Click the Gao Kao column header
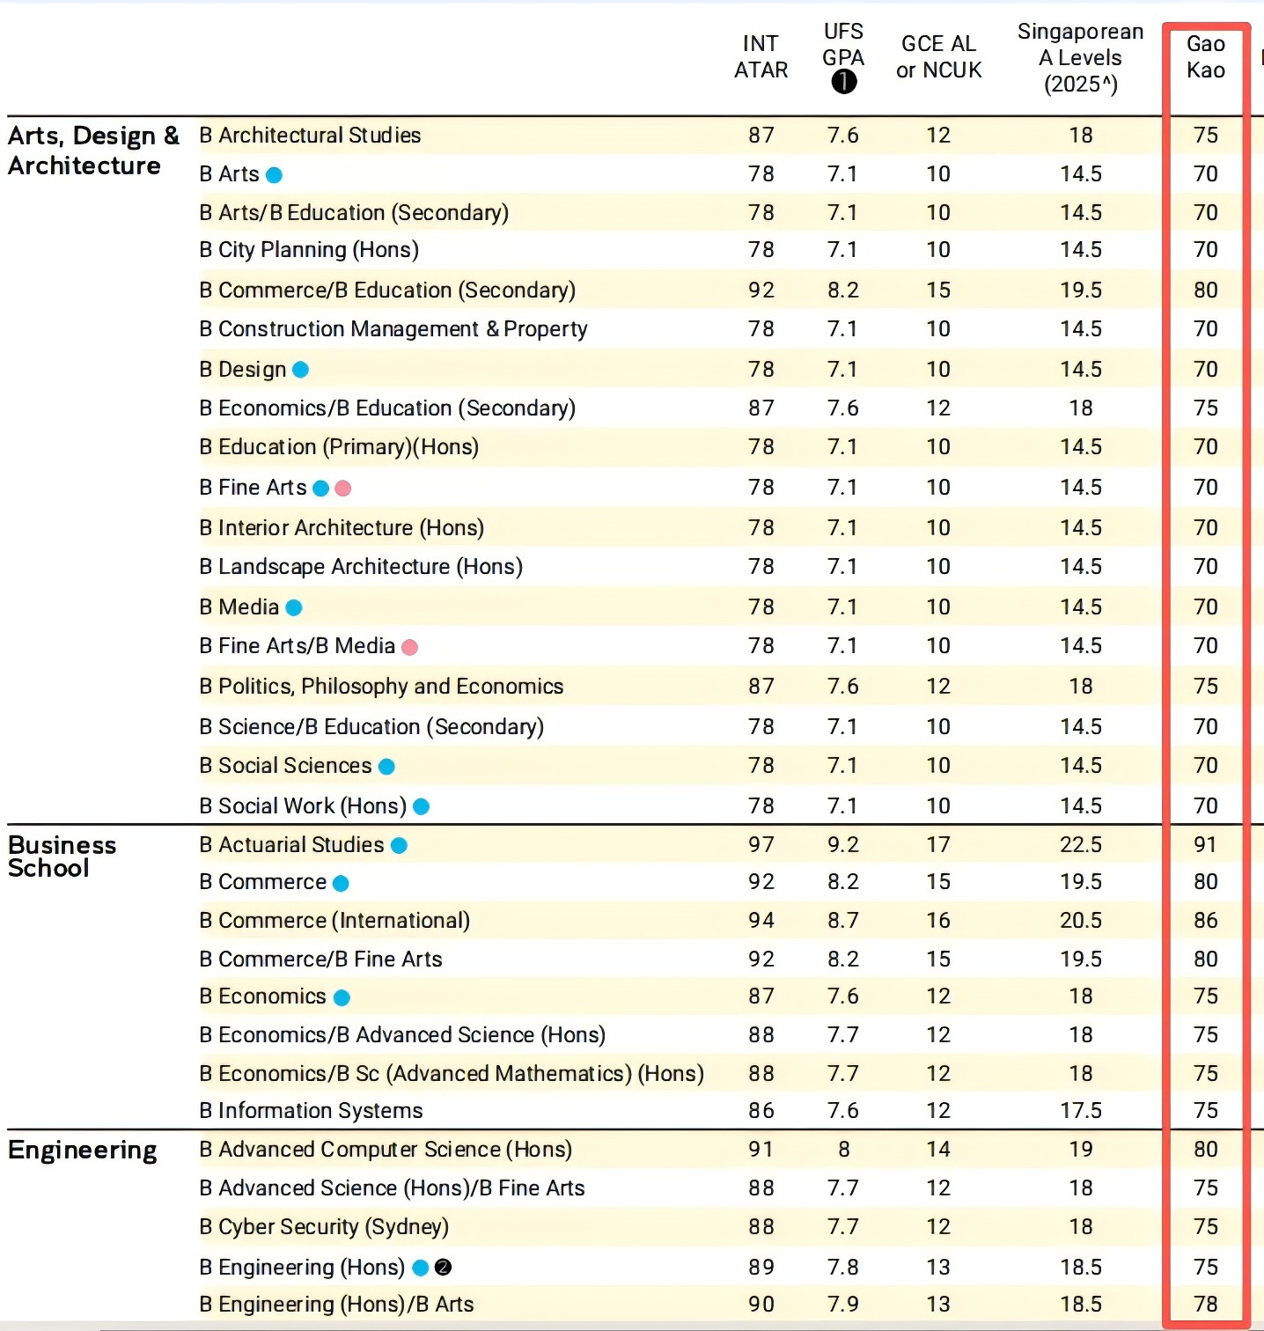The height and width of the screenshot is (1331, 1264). [x=1206, y=57]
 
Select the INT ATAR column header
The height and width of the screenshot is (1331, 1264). [x=761, y=57]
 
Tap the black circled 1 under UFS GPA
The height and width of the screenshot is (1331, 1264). [x=843, y=82]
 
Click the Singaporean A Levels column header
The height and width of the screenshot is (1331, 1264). [x=1081, y=58]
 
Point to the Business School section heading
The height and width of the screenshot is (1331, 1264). [x=62, y=857]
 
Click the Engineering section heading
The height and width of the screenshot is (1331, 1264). [x=83, y=1151]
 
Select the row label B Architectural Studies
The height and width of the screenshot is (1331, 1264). [x=310, y=136]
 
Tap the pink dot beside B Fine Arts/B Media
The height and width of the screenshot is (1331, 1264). [x=409, y=648]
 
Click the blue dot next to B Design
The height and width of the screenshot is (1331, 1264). [x=300, y=370]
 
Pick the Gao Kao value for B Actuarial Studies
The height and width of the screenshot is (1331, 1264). [x=1205, y=845]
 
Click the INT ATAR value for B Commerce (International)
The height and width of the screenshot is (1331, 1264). [x=761, y=921]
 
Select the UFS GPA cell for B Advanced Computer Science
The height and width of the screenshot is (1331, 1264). [x=843, y=1150]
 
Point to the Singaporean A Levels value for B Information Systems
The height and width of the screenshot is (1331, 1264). [x=1081, y=1111]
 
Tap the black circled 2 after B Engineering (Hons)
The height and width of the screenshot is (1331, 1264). [x=444, y=1268]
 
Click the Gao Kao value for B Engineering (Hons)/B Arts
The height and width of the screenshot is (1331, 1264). [x=1206, y=1305]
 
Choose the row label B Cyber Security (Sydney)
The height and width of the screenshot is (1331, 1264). [x=324, y=1227]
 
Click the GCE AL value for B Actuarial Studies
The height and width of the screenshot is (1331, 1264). [x=938, y=845]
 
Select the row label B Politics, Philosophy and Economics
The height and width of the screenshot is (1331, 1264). [x=381, y=687]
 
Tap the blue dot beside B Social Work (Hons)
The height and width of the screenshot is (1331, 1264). [x=422, y=806]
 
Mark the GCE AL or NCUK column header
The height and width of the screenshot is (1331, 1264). [x=939, y=57]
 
